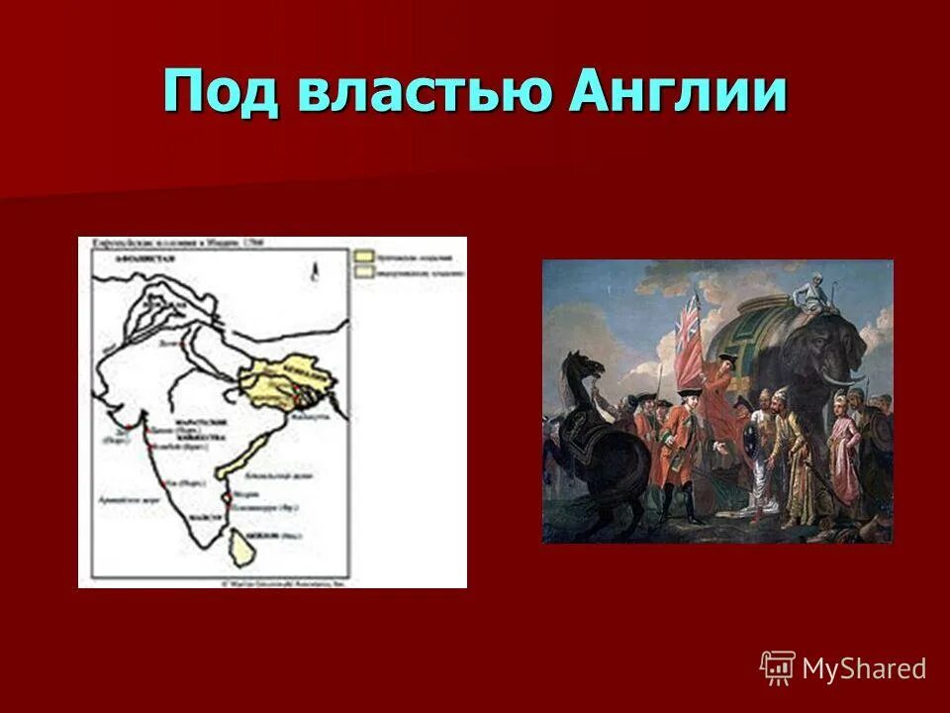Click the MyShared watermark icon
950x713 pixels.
click(778, 667)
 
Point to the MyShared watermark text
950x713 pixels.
click(863, 668)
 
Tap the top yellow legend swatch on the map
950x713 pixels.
click(364, 255)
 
